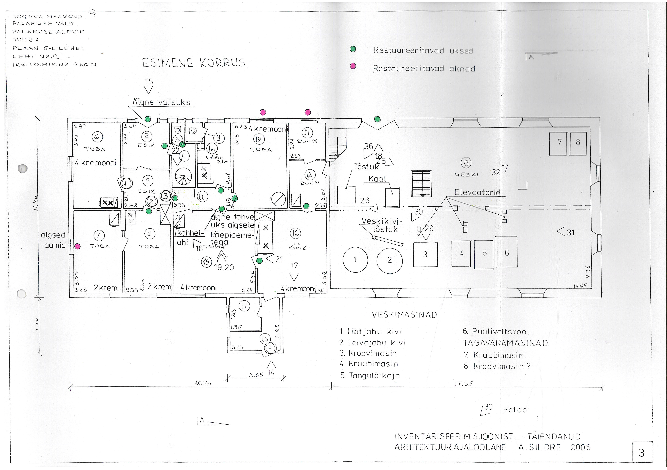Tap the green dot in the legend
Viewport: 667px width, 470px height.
[353, 49]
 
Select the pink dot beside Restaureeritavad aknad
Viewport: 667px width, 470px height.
[353, 66]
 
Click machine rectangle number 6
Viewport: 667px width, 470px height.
[506, 252]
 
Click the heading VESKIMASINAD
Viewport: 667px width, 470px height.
[404, 315]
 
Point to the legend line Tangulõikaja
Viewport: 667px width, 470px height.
[370, 376]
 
